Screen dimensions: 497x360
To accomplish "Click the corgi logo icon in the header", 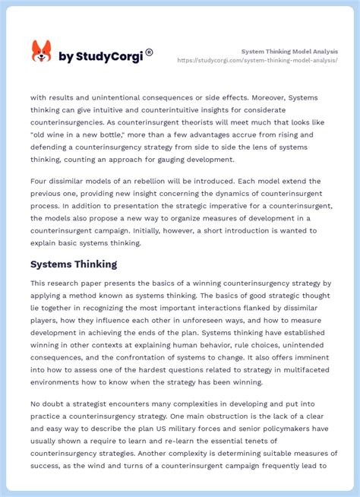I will point(41,52).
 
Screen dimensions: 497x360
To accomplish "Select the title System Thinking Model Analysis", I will point(289,51).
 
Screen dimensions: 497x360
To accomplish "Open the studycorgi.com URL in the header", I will point(257,60).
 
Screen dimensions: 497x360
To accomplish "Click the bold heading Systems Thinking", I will point(74,264).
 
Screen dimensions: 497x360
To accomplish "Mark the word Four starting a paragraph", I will point(41,182).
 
